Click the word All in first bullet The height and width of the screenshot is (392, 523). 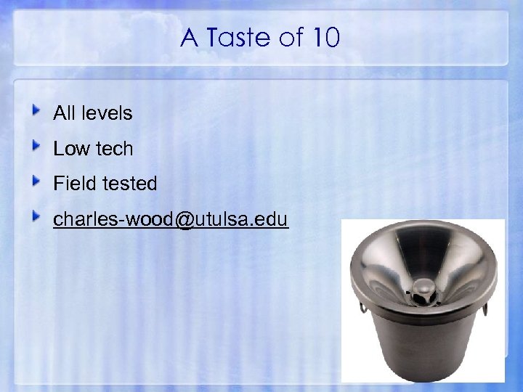63,113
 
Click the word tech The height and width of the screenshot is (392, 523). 113,149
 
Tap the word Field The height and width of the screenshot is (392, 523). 75,184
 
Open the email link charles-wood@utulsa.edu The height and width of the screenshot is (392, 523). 171,219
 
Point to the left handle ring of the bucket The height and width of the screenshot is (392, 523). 362,307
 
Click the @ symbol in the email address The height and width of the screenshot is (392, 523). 185,219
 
